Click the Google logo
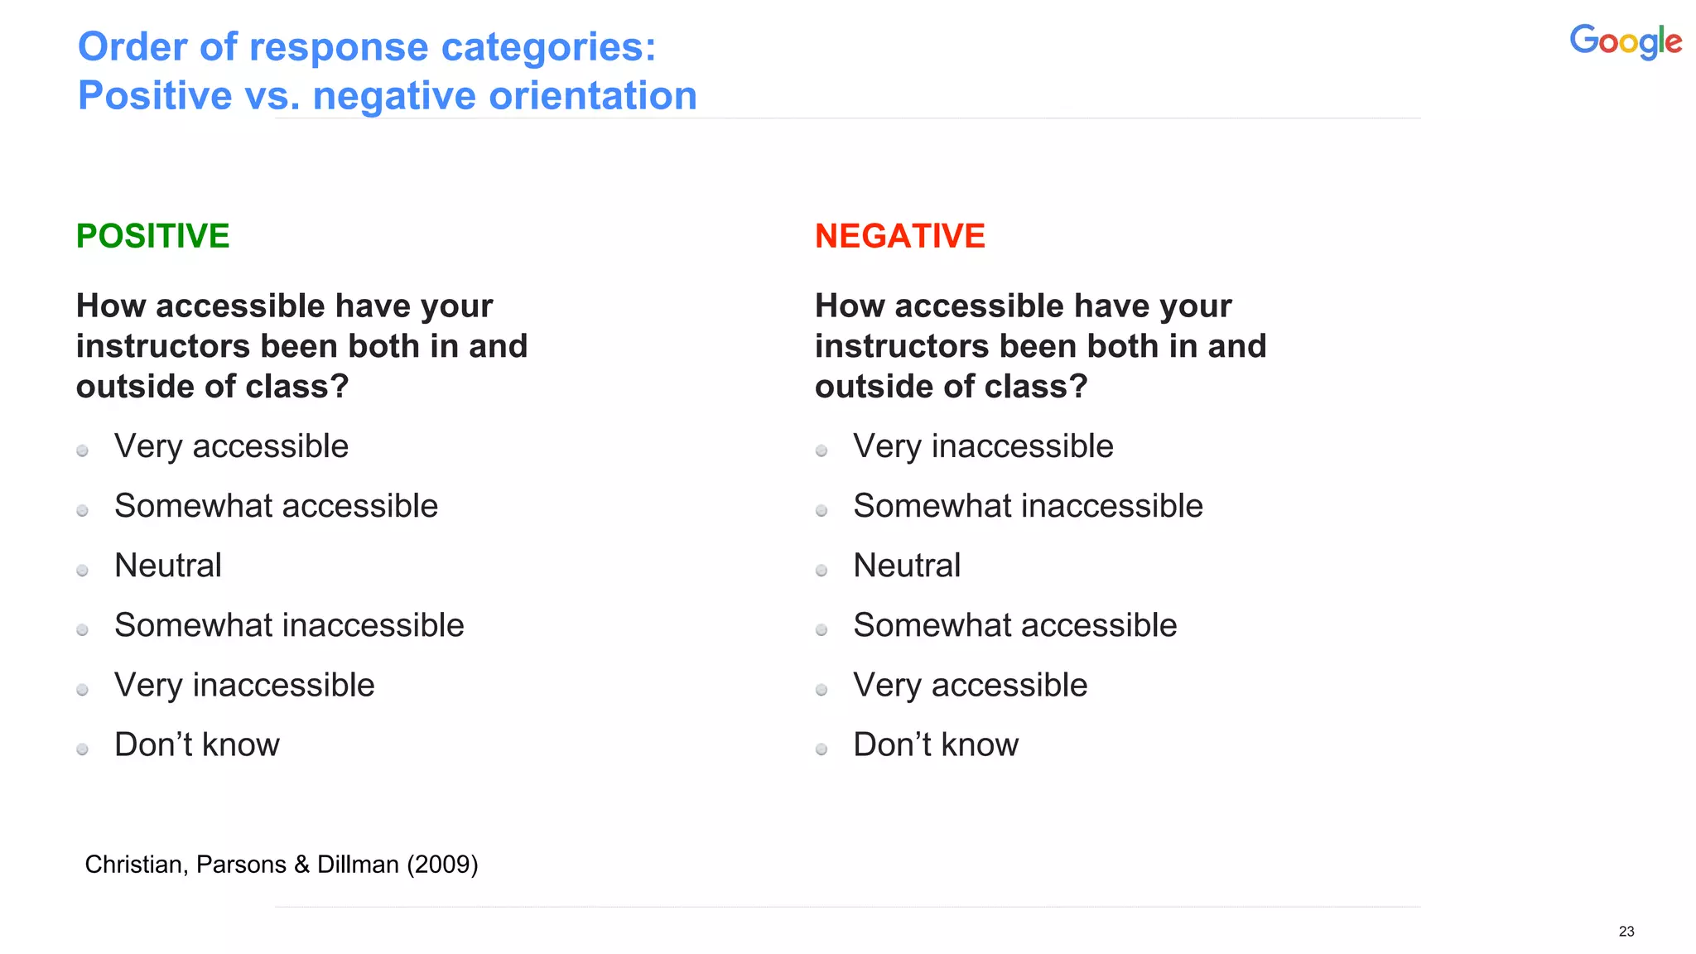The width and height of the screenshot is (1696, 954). coord(1625,41)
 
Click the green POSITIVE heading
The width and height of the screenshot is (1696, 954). coord(152,236)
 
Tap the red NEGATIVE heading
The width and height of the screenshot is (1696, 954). coord(899,236)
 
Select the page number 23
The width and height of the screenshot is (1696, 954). coord(1626,932)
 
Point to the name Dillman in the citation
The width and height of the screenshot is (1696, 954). coord(358,865)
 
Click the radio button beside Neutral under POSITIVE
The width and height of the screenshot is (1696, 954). coord(82,571)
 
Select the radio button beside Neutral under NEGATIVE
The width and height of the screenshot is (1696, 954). coord(821,571)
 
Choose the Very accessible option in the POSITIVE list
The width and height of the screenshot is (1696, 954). coord(231,446)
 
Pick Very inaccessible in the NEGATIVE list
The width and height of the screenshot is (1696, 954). coord(983,446)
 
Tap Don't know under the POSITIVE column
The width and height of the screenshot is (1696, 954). coord(197,744)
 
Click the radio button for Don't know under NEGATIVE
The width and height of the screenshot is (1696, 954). coord(821,749)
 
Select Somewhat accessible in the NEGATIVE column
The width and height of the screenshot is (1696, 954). coord(1014,625)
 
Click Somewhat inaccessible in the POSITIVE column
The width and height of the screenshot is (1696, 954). coord(289,625)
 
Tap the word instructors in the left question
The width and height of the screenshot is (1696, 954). coord(163,346)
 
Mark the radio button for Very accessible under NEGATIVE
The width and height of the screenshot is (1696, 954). coord(821,690)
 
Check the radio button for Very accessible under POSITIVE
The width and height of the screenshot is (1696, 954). coord(82,451)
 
